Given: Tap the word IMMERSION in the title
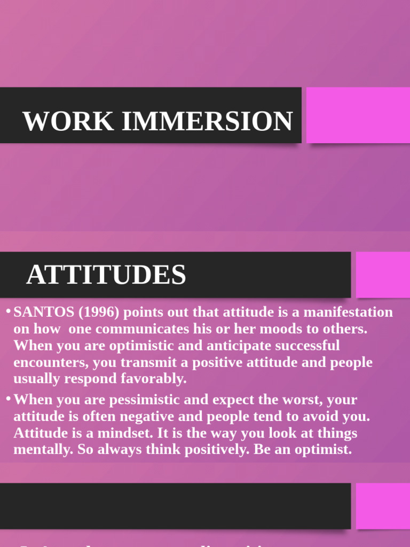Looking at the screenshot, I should click(x=207, y=121).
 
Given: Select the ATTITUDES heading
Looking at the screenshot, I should click(x=106, y=275).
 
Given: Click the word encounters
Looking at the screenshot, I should click(x=50, y=362).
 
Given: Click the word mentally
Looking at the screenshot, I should click(x=42, y=449).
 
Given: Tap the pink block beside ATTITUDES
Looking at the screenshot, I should click(x=383, y=275).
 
